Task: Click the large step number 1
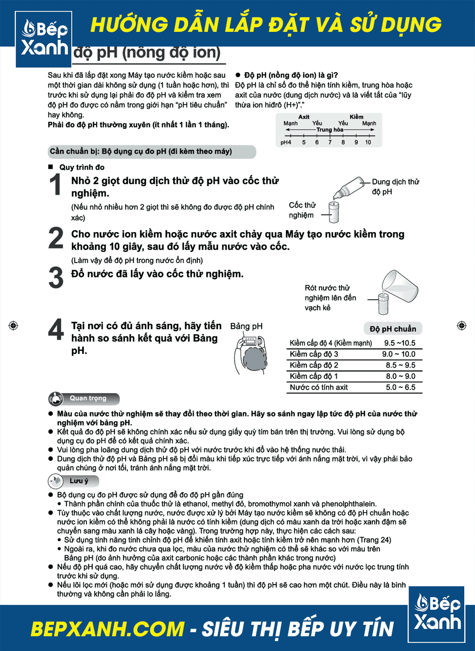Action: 56,184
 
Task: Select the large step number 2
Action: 56,238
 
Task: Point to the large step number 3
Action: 56,278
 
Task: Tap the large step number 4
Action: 56,329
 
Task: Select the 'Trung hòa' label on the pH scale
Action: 330,129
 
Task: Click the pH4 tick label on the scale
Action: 285,142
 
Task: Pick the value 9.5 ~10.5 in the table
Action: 399,343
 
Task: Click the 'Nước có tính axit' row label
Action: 319,388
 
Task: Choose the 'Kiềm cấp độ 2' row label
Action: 314,365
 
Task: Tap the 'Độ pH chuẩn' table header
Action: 393,329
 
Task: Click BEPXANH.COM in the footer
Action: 107,629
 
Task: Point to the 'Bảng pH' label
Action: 246,326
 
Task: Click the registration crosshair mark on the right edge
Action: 461,325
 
